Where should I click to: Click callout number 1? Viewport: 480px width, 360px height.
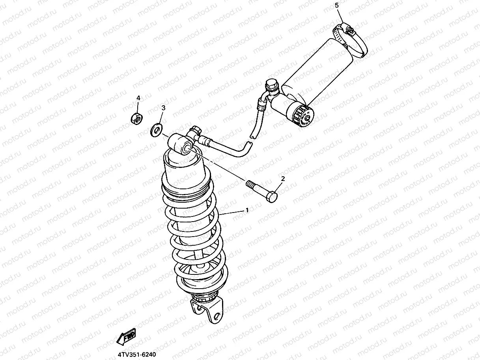pyautogui.click(x=247, y=210)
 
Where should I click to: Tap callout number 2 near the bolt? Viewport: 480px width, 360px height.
pyautogui.click(x=283, y=179)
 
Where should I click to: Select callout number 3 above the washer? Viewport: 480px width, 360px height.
pyautogui.click(x=163, y=107)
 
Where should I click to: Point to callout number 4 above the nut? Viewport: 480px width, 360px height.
pyautogui.click(x=138, y=97)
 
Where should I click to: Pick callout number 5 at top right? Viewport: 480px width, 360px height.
pyautogui.click(x=336, y=5)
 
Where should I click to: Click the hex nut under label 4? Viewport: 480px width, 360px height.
pyautogui.click(x=136, y=118)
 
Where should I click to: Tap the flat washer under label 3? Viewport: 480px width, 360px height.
pyautogui.click(x=157, y=129)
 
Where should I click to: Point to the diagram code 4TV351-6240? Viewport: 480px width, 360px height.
pyautogui.click(x=133, y=355)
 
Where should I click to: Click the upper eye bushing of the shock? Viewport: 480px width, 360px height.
pyautogui.click(x=186, y=148)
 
